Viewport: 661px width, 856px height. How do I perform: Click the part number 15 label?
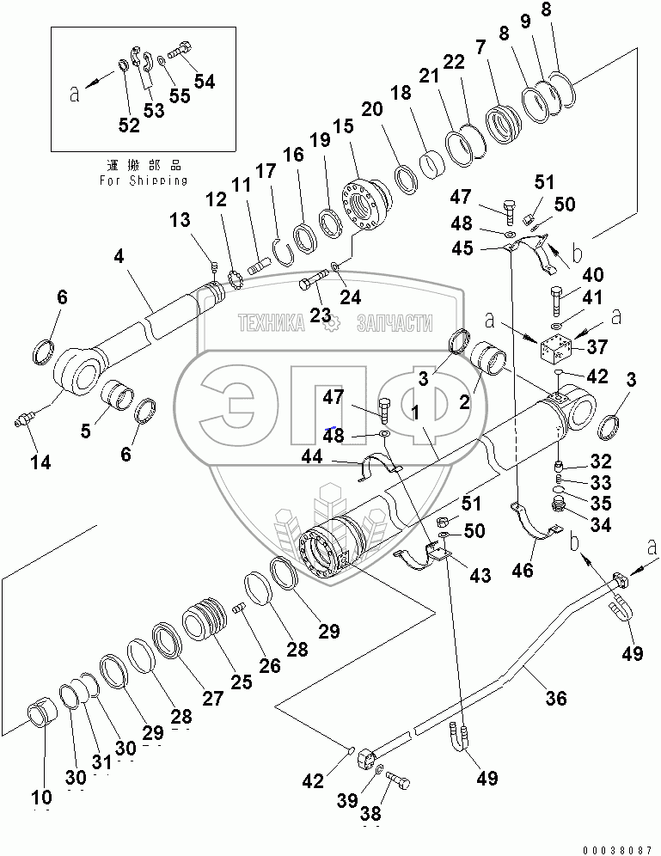[343, 126]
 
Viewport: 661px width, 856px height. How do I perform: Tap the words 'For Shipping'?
[144, 180]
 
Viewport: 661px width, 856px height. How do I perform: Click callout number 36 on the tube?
[556, 698]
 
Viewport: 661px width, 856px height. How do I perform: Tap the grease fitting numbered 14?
[23, 420]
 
